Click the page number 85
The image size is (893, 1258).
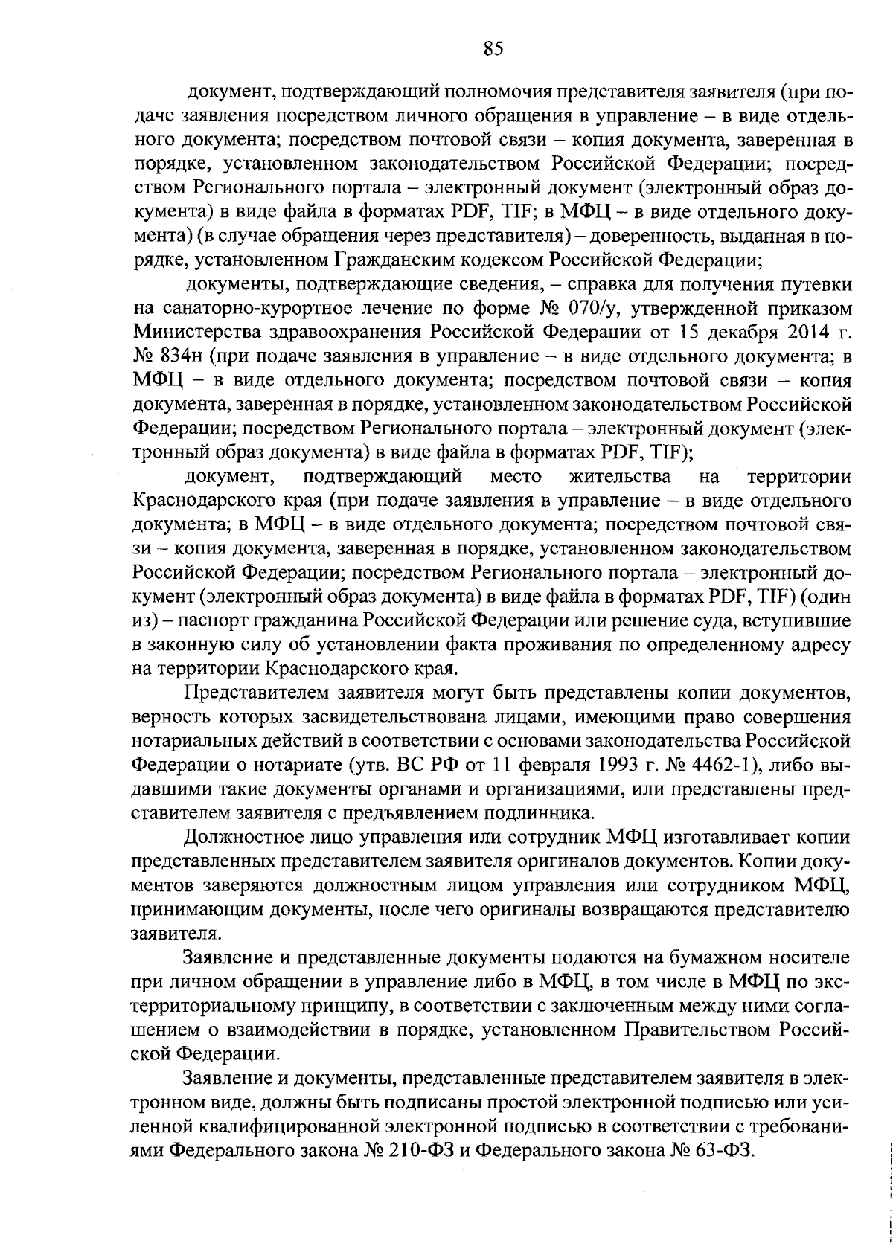[x=493, y=49]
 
